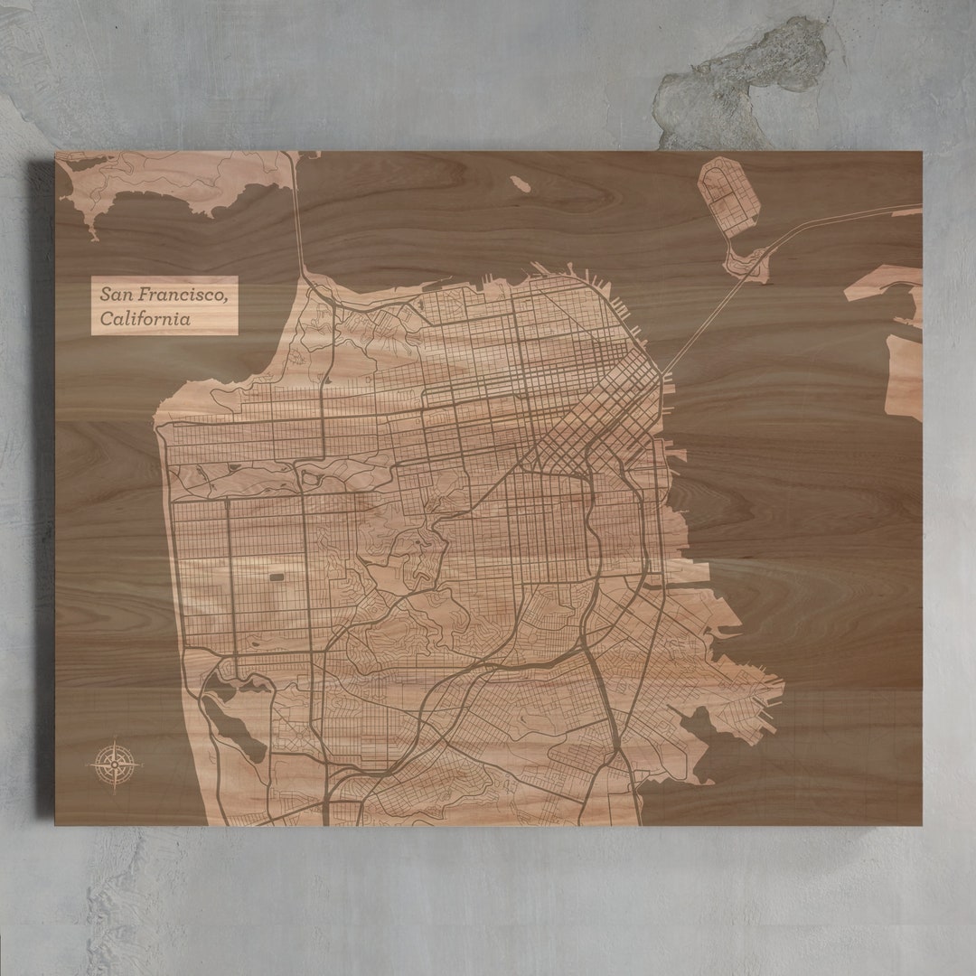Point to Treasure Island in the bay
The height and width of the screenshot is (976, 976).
coord(728,195)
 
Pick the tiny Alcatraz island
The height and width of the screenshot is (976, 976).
coord(520,183)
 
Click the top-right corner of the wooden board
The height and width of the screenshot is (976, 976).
coord(921,153)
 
